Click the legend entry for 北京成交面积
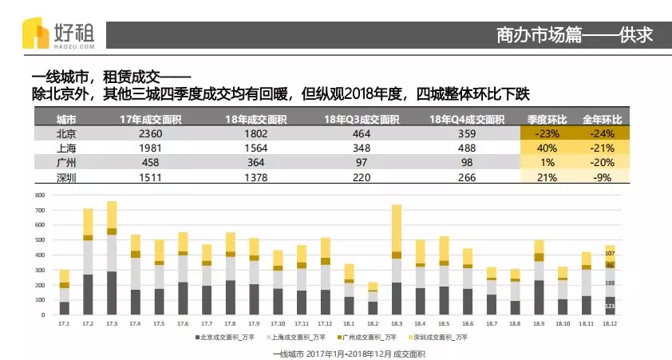(227, 338)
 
